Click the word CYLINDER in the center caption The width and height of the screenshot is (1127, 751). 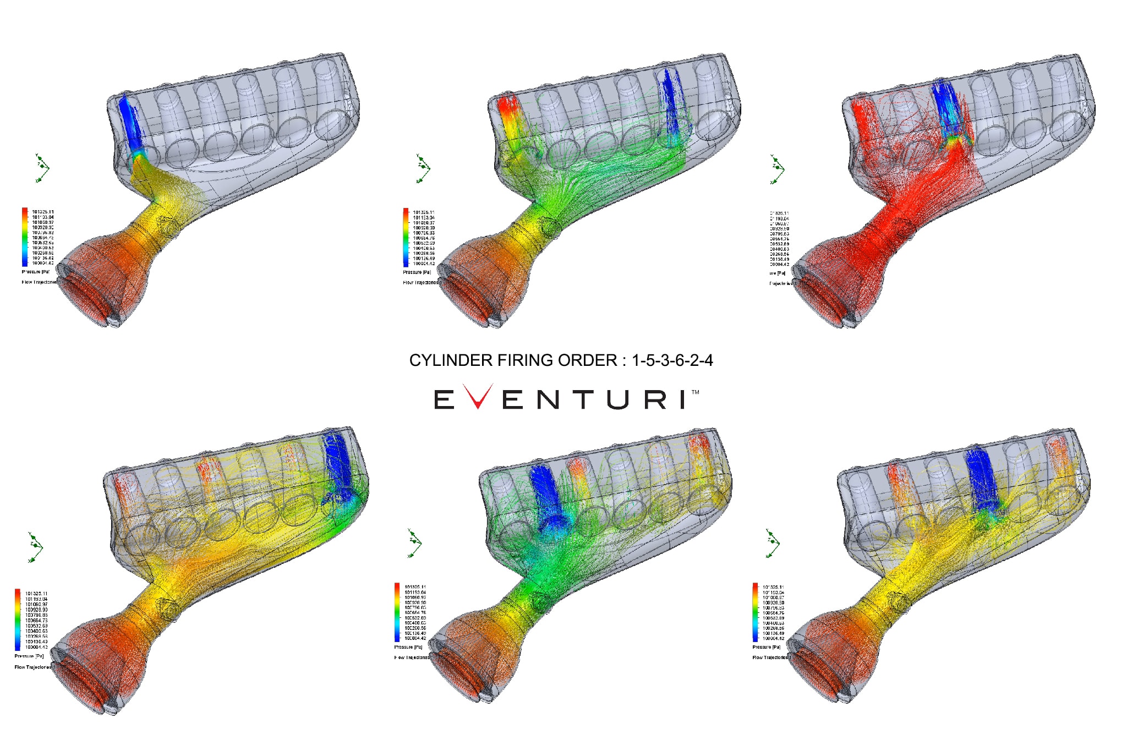point(451,360)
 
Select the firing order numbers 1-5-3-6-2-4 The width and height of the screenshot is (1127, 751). point(672,360)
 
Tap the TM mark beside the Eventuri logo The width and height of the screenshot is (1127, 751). point(695,392)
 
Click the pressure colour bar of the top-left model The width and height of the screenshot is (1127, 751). point(25,237)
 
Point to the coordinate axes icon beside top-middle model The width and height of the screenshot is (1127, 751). point(423,168)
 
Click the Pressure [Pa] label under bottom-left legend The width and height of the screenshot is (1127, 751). point(29,656)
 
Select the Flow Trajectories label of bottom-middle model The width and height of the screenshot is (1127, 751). point(412,657)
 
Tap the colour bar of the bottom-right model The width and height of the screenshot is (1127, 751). point(756,612)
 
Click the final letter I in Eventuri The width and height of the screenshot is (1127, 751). point(683,399)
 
